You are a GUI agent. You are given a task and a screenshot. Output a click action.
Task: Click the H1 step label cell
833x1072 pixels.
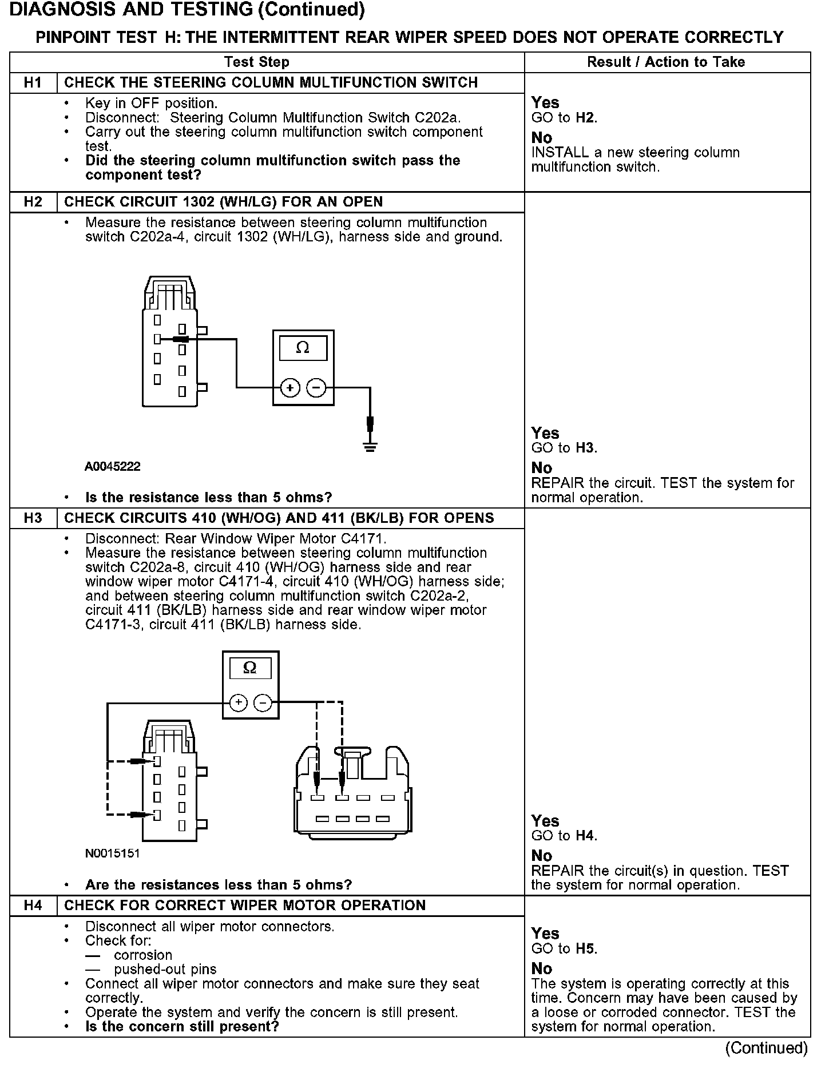[33, 82]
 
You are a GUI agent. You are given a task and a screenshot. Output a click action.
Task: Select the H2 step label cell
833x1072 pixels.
[33, 202]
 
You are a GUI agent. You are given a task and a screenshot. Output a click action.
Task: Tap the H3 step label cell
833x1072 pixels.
[33, 518]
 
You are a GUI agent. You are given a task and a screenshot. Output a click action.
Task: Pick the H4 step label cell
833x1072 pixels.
[33, 906]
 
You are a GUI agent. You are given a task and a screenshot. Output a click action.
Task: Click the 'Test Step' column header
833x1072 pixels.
[257, 62]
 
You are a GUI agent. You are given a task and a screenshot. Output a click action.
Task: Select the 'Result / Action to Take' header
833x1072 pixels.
[666, 62]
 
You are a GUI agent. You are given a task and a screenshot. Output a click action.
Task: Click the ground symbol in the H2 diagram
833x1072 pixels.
[370, 446]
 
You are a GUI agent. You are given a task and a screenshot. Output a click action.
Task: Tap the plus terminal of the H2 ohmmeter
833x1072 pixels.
[290, 388]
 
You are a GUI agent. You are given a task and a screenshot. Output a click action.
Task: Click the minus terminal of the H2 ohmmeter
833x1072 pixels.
[316, 388]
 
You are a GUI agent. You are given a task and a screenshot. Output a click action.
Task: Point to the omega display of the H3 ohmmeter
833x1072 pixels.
[250, 668]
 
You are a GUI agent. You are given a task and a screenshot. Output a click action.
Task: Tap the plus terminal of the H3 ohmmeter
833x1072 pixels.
[239, 702]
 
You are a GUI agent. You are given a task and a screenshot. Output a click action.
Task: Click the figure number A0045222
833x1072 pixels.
[113, 467]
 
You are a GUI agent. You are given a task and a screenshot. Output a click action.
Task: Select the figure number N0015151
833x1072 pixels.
[113, 853]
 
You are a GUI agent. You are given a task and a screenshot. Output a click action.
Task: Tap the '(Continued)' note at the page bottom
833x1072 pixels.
[766, 1048]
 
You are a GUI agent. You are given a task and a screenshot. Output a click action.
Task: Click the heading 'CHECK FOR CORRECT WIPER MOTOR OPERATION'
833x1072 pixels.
[245, 906]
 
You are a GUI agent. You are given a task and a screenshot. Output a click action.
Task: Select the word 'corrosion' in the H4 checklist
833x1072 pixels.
[143, 955]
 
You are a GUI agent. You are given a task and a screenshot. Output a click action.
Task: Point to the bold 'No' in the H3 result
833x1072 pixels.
[542, 856]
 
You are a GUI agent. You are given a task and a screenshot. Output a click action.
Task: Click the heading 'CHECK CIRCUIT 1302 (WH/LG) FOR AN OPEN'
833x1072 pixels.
[223, 202]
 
